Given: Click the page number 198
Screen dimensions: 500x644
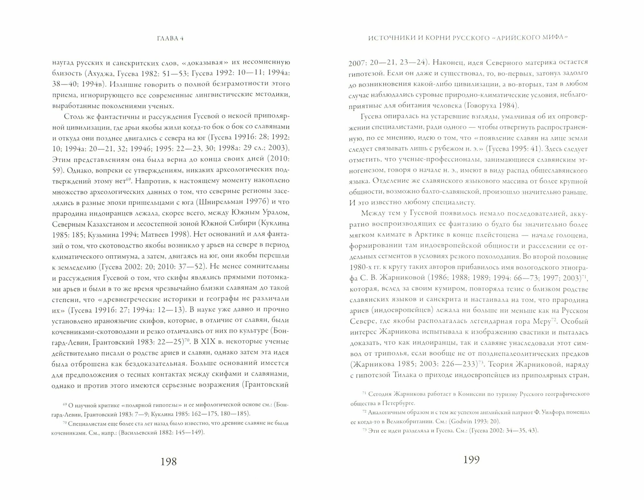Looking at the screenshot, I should point(169,461).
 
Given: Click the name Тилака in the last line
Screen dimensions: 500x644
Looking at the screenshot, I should point(403,375).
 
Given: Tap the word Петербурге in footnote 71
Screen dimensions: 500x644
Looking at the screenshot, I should point(400,403).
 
